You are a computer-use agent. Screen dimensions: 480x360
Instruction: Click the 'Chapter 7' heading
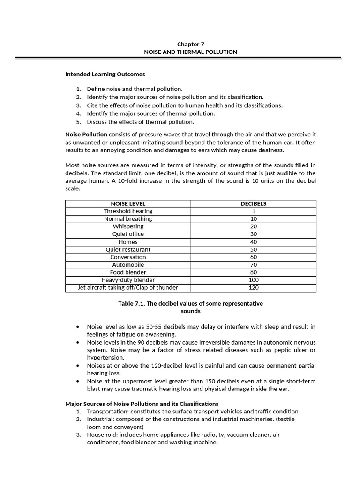(190, 44)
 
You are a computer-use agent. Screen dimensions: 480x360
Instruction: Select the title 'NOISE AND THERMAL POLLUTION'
(190, 52)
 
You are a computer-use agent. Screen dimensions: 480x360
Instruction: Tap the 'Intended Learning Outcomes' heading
(105, 74)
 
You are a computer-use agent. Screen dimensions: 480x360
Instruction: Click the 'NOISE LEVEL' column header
(128, 203)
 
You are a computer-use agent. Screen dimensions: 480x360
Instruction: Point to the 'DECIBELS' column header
(253, 203)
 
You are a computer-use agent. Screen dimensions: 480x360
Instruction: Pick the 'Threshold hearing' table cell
(128, 211)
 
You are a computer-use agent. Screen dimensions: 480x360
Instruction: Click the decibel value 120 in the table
(253, 287)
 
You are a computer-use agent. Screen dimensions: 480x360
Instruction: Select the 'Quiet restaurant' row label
(128, 249)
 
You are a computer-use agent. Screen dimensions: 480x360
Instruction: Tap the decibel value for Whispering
(253, 226)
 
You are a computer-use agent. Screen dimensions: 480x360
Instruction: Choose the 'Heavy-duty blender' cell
(128, 280)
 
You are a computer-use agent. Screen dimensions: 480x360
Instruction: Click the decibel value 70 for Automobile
(253, 264)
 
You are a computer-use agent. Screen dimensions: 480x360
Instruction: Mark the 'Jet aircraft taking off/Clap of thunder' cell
(128, 287)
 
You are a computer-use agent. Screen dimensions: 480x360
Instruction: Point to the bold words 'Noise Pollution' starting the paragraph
(86, 135)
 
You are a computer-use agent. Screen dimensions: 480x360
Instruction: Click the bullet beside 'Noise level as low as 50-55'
(77, 327)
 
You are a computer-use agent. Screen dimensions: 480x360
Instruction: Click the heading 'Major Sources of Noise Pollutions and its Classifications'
(142, 404)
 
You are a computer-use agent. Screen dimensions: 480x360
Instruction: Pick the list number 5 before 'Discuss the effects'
(79, 122)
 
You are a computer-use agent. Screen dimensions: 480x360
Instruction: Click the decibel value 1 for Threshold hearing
(253, 211)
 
